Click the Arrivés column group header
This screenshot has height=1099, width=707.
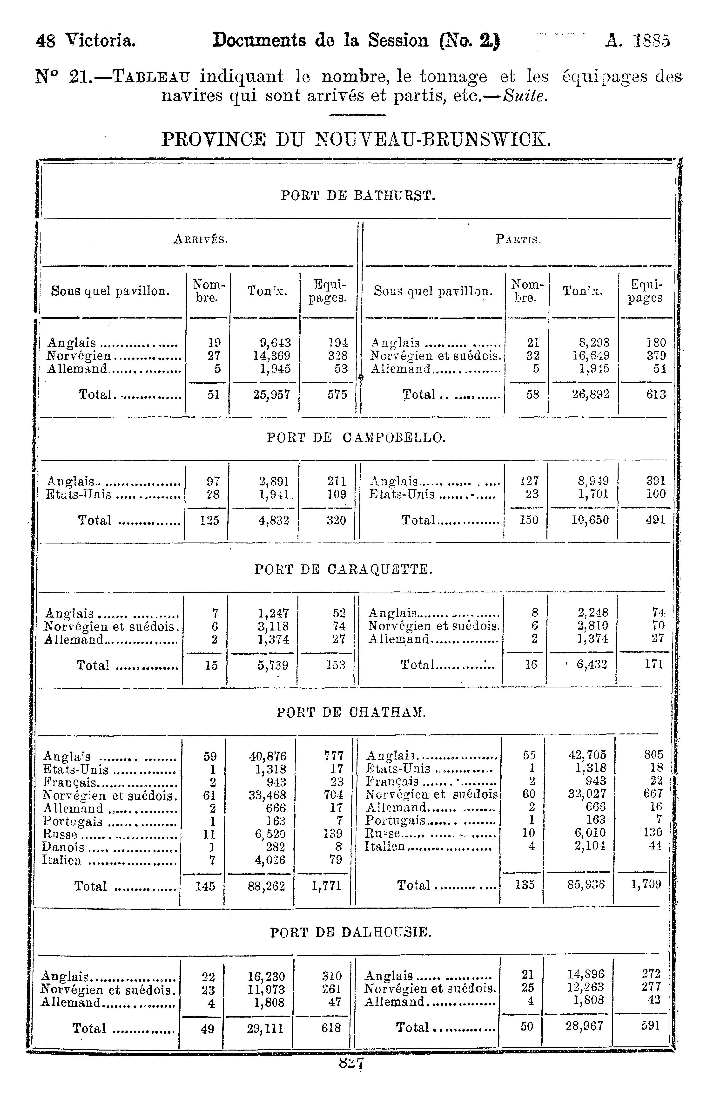coord(201,239)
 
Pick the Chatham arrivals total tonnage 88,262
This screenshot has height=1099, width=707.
coord(266,886)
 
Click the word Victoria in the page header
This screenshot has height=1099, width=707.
coord(100,41)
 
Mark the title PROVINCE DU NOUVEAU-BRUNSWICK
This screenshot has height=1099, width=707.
coord(356,139)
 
